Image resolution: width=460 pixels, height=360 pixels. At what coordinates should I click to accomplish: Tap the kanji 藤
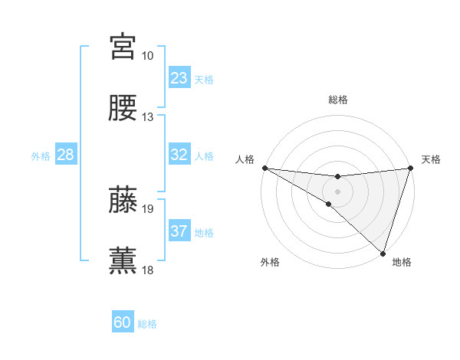tap(123, 200)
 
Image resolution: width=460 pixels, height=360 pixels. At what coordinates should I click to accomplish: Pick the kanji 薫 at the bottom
tap(123, 260)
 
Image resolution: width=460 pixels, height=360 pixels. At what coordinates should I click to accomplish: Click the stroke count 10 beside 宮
tap(147, 56)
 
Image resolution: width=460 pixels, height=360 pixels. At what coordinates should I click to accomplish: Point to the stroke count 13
tap(147, 117)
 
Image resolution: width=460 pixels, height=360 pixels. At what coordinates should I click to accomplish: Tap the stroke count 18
tap(147, 270)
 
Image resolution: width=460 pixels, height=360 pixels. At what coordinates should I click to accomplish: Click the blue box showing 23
tap(179, 78)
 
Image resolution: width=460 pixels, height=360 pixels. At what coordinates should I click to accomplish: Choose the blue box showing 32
tap(179, 155)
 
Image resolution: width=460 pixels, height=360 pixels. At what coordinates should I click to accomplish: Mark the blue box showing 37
tap(179, 231)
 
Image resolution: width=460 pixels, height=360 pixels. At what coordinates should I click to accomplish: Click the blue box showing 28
tap(66, 155)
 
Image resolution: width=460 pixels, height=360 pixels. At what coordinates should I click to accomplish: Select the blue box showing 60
tap(123, 322)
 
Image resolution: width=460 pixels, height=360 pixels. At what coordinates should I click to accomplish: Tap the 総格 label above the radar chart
tap(338, 100)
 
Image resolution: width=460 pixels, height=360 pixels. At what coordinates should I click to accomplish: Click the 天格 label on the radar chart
tap(432, 159)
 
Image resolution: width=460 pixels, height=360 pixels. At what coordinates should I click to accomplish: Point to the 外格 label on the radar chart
tap(270, 262)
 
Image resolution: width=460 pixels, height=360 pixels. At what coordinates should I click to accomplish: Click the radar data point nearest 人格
tap(264, 168)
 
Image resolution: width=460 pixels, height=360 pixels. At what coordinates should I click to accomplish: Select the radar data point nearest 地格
tap(383, 253)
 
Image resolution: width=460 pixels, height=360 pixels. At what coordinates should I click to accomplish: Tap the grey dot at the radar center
tap(337, 191)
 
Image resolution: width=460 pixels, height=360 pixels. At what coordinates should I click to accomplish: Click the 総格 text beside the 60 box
tap(147, 324)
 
